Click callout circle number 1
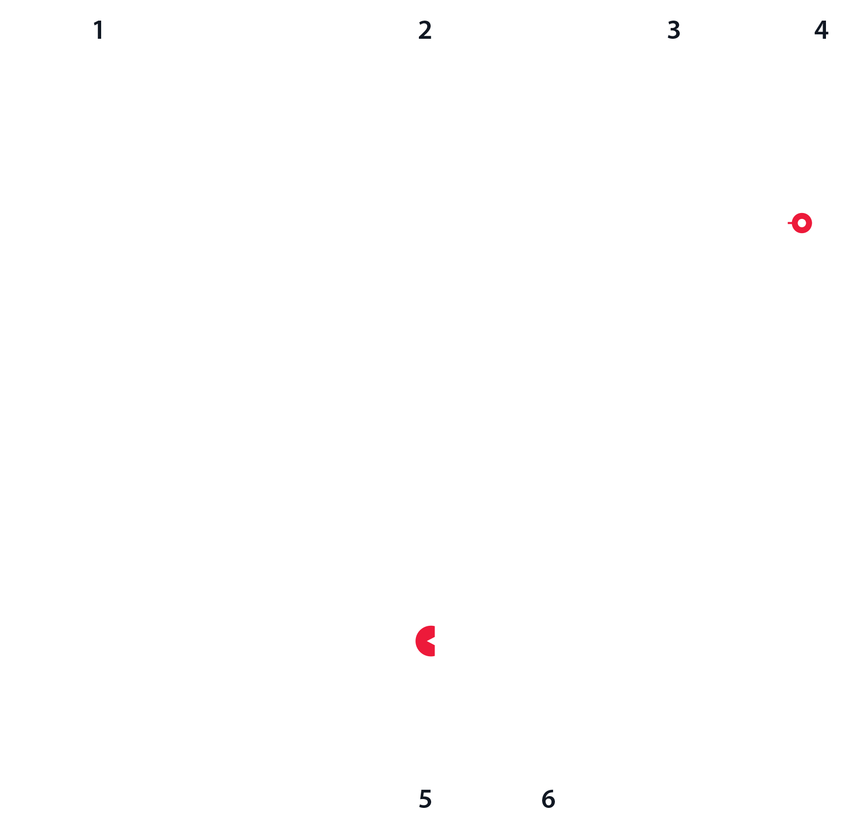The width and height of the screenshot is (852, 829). tap(99, 30)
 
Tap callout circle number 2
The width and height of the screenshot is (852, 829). tap(425, 30)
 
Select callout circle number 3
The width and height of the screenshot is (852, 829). tap(674, 30)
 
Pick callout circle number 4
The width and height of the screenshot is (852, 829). tap(821, 30)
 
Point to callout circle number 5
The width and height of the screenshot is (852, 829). tap(425, 799)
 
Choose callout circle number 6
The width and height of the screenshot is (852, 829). tap(548, 799)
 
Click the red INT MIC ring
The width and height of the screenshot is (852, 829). tap(802, 223)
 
